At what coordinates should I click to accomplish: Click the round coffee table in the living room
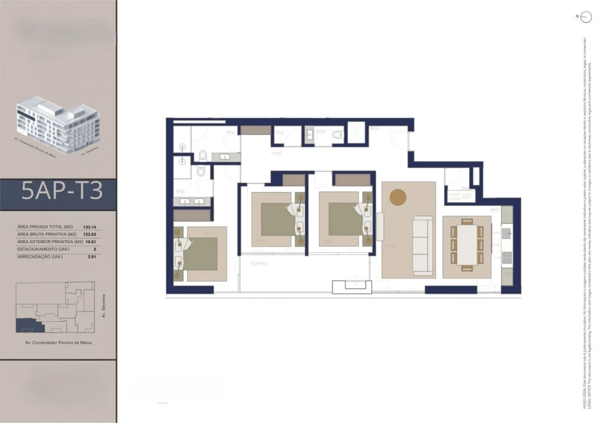coord(398,197)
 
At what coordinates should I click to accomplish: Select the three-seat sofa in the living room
coord(422,245)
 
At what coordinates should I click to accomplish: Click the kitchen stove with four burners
coord(507,257)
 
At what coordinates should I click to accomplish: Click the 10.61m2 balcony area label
coord(258,264)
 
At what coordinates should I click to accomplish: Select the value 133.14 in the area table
coord(90,227)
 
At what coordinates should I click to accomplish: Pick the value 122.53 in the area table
coord(90,234)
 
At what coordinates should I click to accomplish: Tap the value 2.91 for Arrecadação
coord(91,257)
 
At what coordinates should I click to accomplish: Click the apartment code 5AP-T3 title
coord(62,192)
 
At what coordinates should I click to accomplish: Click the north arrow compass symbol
coord(585,18)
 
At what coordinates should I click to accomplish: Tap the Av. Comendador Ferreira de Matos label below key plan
coord(58,343)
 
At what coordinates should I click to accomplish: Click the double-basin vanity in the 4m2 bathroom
coord(192,201)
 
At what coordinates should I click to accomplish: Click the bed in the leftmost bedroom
coord(197,254)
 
